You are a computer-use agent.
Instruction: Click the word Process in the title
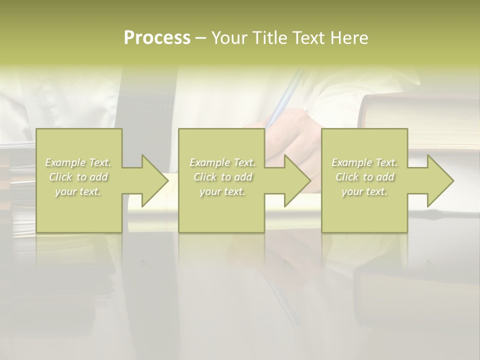pyautogui.click(x=157, y=37)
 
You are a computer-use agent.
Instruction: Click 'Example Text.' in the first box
pyautogui.click(x=78, y=162)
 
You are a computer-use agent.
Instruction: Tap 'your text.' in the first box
pyautogui.click(x=78, y=191)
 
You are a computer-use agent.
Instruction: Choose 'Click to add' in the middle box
pyautogui.click(x=222, y=177)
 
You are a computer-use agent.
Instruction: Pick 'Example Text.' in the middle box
pyautogui.click(x=222, y=162)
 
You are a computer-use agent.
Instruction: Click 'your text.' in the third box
pyautogui.click(x=364, y=191)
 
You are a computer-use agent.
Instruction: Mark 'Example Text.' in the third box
pyautogui.click(x=364, y=162)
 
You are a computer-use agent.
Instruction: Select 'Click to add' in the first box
pyautogui.click(x=78, y=177)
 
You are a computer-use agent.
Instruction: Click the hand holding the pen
pyautogui.click(x=295, y=135)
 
